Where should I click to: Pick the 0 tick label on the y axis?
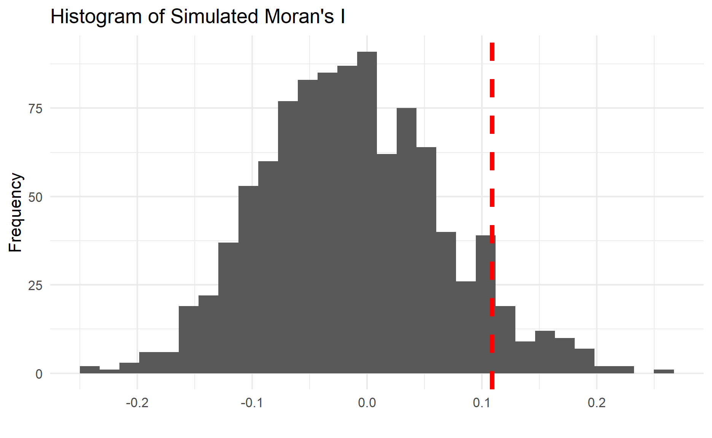[x=39, y=374]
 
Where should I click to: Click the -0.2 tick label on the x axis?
[x=137, y=403]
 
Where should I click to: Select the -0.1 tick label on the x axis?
[x=252, y=403]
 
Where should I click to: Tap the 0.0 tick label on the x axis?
[x=367, y=403]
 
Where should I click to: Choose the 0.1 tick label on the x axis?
[x=482, y=403]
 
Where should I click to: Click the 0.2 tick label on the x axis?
[x=597, y=403]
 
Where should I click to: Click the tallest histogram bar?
[x=367, y=213]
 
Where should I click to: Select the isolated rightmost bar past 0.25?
[x=664, y=371]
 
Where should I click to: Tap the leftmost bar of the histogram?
[x=90, y=370]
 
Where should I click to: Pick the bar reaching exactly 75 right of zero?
[x=407, y=240]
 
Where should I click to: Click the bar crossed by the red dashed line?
[x=486, y=304]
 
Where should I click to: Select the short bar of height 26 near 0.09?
[x=466, y=327]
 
